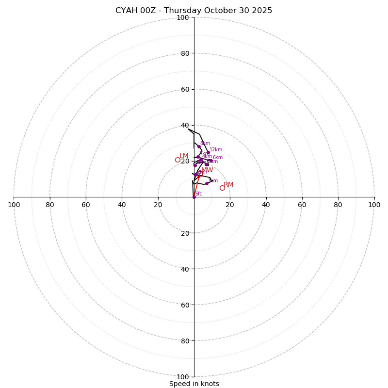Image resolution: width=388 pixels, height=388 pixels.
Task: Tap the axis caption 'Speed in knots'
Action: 194,384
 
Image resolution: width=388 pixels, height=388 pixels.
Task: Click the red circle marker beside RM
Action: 222,188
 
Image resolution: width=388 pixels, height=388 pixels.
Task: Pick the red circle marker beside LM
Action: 178,160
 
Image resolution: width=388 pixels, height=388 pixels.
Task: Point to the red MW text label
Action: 207,170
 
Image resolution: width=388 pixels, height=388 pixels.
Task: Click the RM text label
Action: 228,184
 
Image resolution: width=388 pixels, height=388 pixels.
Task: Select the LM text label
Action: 184,156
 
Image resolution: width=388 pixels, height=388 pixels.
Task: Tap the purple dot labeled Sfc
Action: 194,197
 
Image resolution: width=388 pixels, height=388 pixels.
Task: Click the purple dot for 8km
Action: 199,146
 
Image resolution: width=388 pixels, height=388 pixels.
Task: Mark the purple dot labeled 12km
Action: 208,152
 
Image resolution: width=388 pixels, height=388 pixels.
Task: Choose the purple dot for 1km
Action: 207,183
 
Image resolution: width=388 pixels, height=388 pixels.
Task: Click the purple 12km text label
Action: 216,150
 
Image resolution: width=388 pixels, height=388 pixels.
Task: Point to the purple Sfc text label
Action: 198,194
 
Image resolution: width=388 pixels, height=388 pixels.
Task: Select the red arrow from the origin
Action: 196,186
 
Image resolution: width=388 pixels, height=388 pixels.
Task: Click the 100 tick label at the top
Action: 183,17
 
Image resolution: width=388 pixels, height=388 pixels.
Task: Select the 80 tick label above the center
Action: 185,53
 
